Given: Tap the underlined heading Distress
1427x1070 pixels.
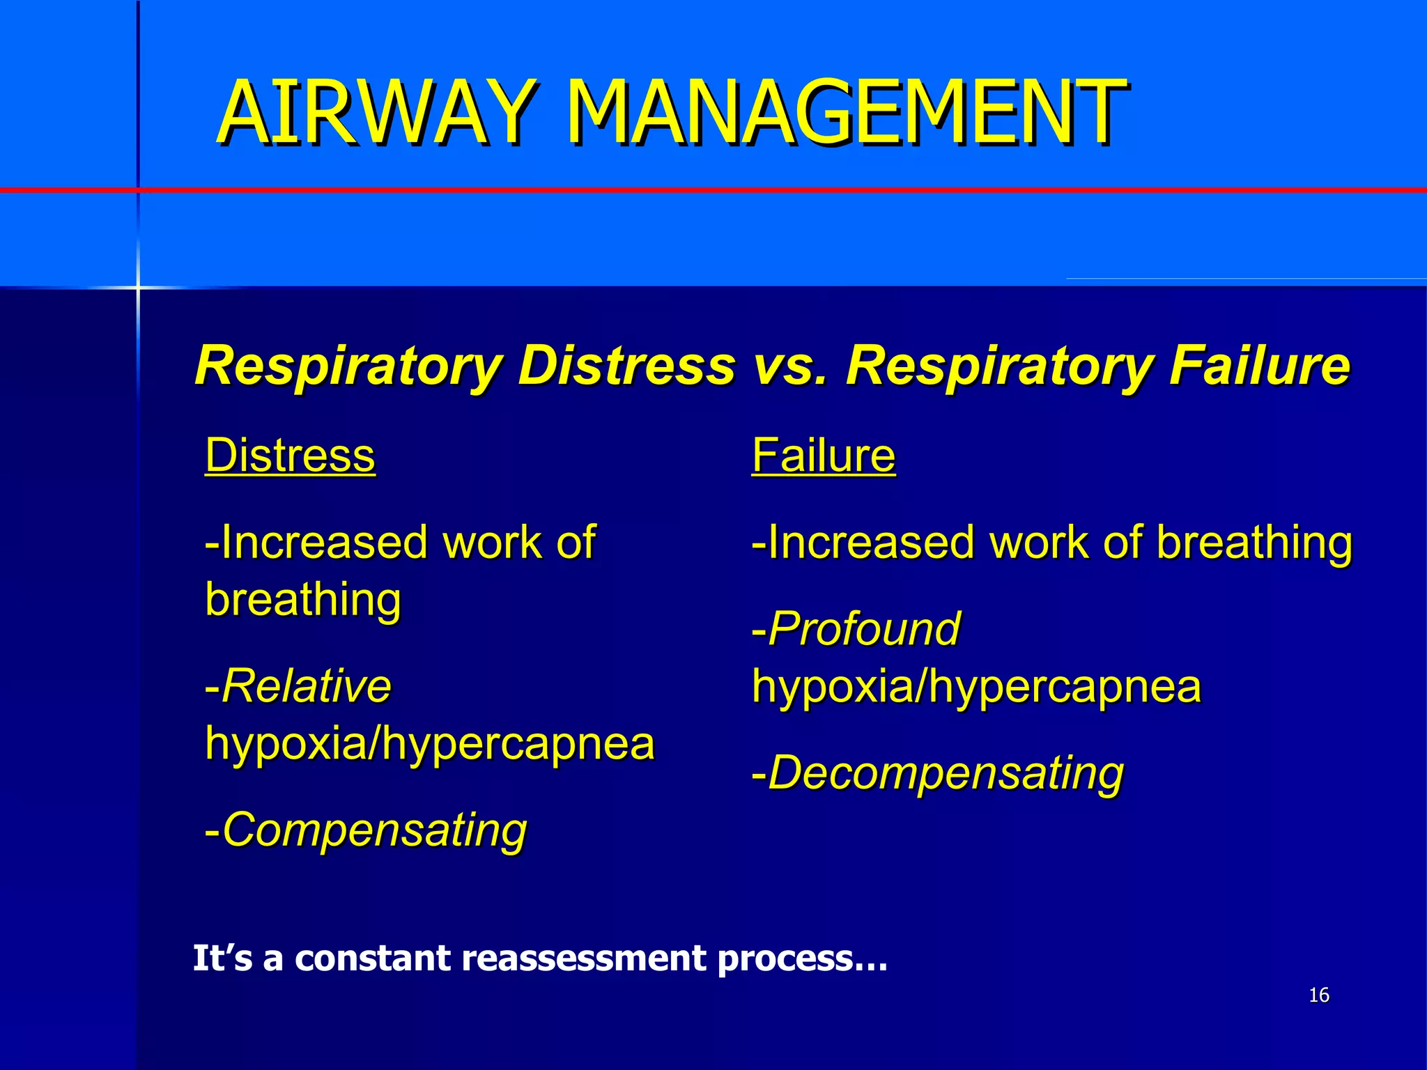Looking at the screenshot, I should [290, 456].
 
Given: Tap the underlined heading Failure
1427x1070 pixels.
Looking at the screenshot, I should [824, 456].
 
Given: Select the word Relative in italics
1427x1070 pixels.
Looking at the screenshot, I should [307, 686].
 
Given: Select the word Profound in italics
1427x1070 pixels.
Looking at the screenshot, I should [864, 629].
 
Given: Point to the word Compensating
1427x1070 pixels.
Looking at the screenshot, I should [374, 830].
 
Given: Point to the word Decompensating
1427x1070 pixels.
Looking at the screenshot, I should [946, 773].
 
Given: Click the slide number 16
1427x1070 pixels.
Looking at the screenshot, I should [1319, 995].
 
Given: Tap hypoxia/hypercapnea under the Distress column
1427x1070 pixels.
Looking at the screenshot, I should [430, 744].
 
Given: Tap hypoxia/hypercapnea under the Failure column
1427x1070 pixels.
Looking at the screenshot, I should [977, 687].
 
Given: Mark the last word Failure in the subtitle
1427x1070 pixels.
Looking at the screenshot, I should [1260, 365].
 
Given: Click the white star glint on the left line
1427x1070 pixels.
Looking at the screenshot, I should [138, 287].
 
